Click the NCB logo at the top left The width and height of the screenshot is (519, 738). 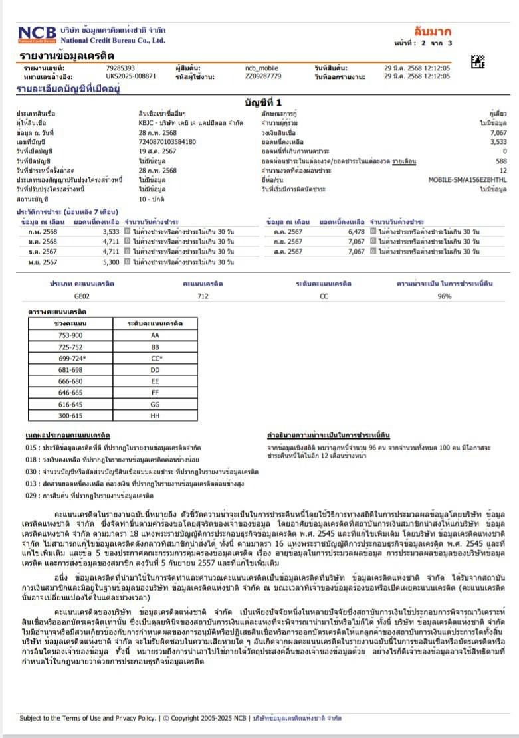pyautogui.click(x=38, y=35)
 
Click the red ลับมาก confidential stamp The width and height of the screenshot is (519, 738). pyautogui.click(x=432, y=31)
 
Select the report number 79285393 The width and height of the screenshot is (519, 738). pyautogui.click(x=120, y=68)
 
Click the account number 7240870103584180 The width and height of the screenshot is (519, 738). pyautogui.click(x=167, y=141)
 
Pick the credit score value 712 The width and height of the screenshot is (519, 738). pyautogui.click(x=203, y=296)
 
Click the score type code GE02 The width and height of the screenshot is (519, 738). pyautogui.click(x=82, y=296)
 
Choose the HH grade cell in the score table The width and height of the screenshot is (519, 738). pyautogui.click(x=155, y=415)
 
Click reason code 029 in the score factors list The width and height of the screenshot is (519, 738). pyautogui.click(x=31, y=495)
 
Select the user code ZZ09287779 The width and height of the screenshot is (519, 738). pyautogui.click(x=263, y=76)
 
